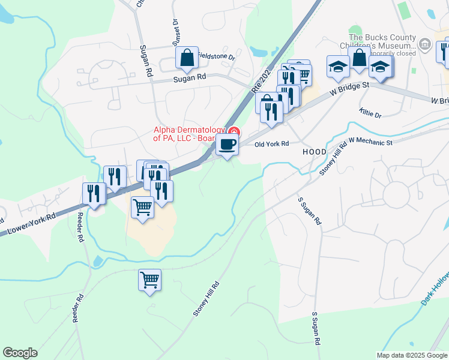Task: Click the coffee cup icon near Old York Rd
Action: [227, 145]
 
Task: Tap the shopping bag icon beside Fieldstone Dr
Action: [187, 58]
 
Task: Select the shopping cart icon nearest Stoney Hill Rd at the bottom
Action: [149, 280]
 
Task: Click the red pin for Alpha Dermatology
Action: [234, 132]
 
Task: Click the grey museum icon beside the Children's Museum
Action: [425, 43]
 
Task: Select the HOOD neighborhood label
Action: [314, 152]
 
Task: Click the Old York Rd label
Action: [272, 144]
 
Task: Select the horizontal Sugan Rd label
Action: [190, 77]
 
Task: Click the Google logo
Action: [20, 353]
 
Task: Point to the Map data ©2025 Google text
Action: [412, 355]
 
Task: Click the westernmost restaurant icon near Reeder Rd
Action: [94, 193]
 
